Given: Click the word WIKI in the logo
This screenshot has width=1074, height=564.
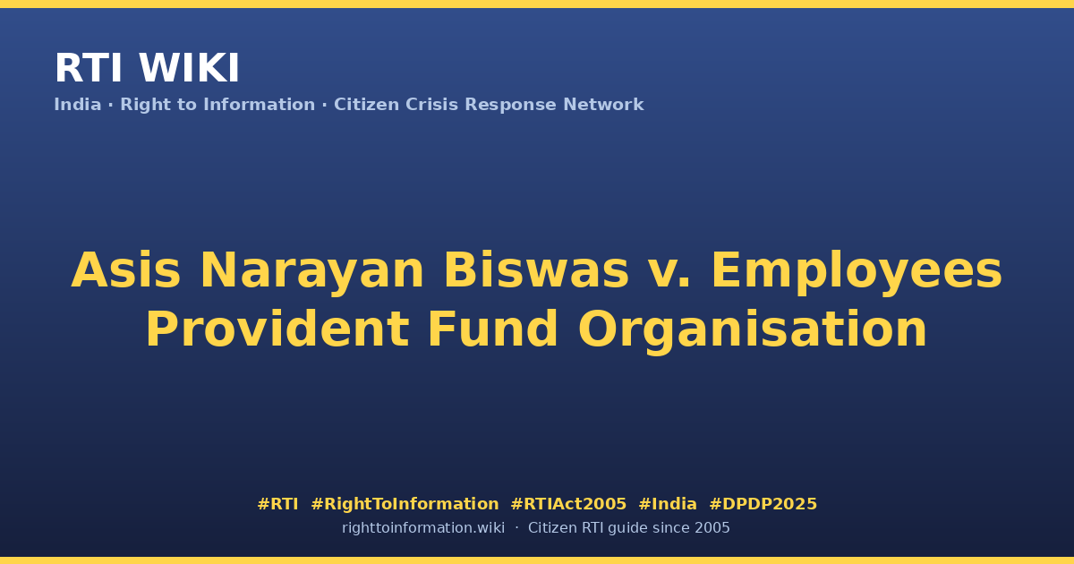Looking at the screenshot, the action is pos(189,68).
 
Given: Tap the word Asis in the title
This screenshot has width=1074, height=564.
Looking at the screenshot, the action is pos(126,270).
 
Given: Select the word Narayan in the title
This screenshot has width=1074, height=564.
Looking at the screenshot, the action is pos(311,272).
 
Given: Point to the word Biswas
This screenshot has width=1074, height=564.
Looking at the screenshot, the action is pos(536,270).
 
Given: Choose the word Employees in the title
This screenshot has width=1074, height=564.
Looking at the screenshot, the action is pos(857,272).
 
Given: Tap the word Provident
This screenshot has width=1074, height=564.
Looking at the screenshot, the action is pos(277,329).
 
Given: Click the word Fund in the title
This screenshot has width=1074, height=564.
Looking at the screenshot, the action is pos(493,329).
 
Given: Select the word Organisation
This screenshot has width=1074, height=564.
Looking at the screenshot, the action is pos(753,331).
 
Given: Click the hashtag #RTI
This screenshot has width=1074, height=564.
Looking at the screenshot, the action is pos(277,504).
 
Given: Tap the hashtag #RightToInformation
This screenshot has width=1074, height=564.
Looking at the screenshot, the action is pos(405,504).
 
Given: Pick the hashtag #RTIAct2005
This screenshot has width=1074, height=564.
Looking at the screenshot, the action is pos(568,504).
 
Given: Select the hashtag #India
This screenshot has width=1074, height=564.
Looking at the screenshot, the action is pos(668,504).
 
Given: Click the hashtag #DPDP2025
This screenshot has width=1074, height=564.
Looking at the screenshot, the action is pos(763,504).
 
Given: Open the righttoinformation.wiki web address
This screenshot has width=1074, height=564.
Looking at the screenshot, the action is pos(423,528).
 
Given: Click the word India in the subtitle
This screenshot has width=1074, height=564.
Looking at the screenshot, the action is pos(78,105).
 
